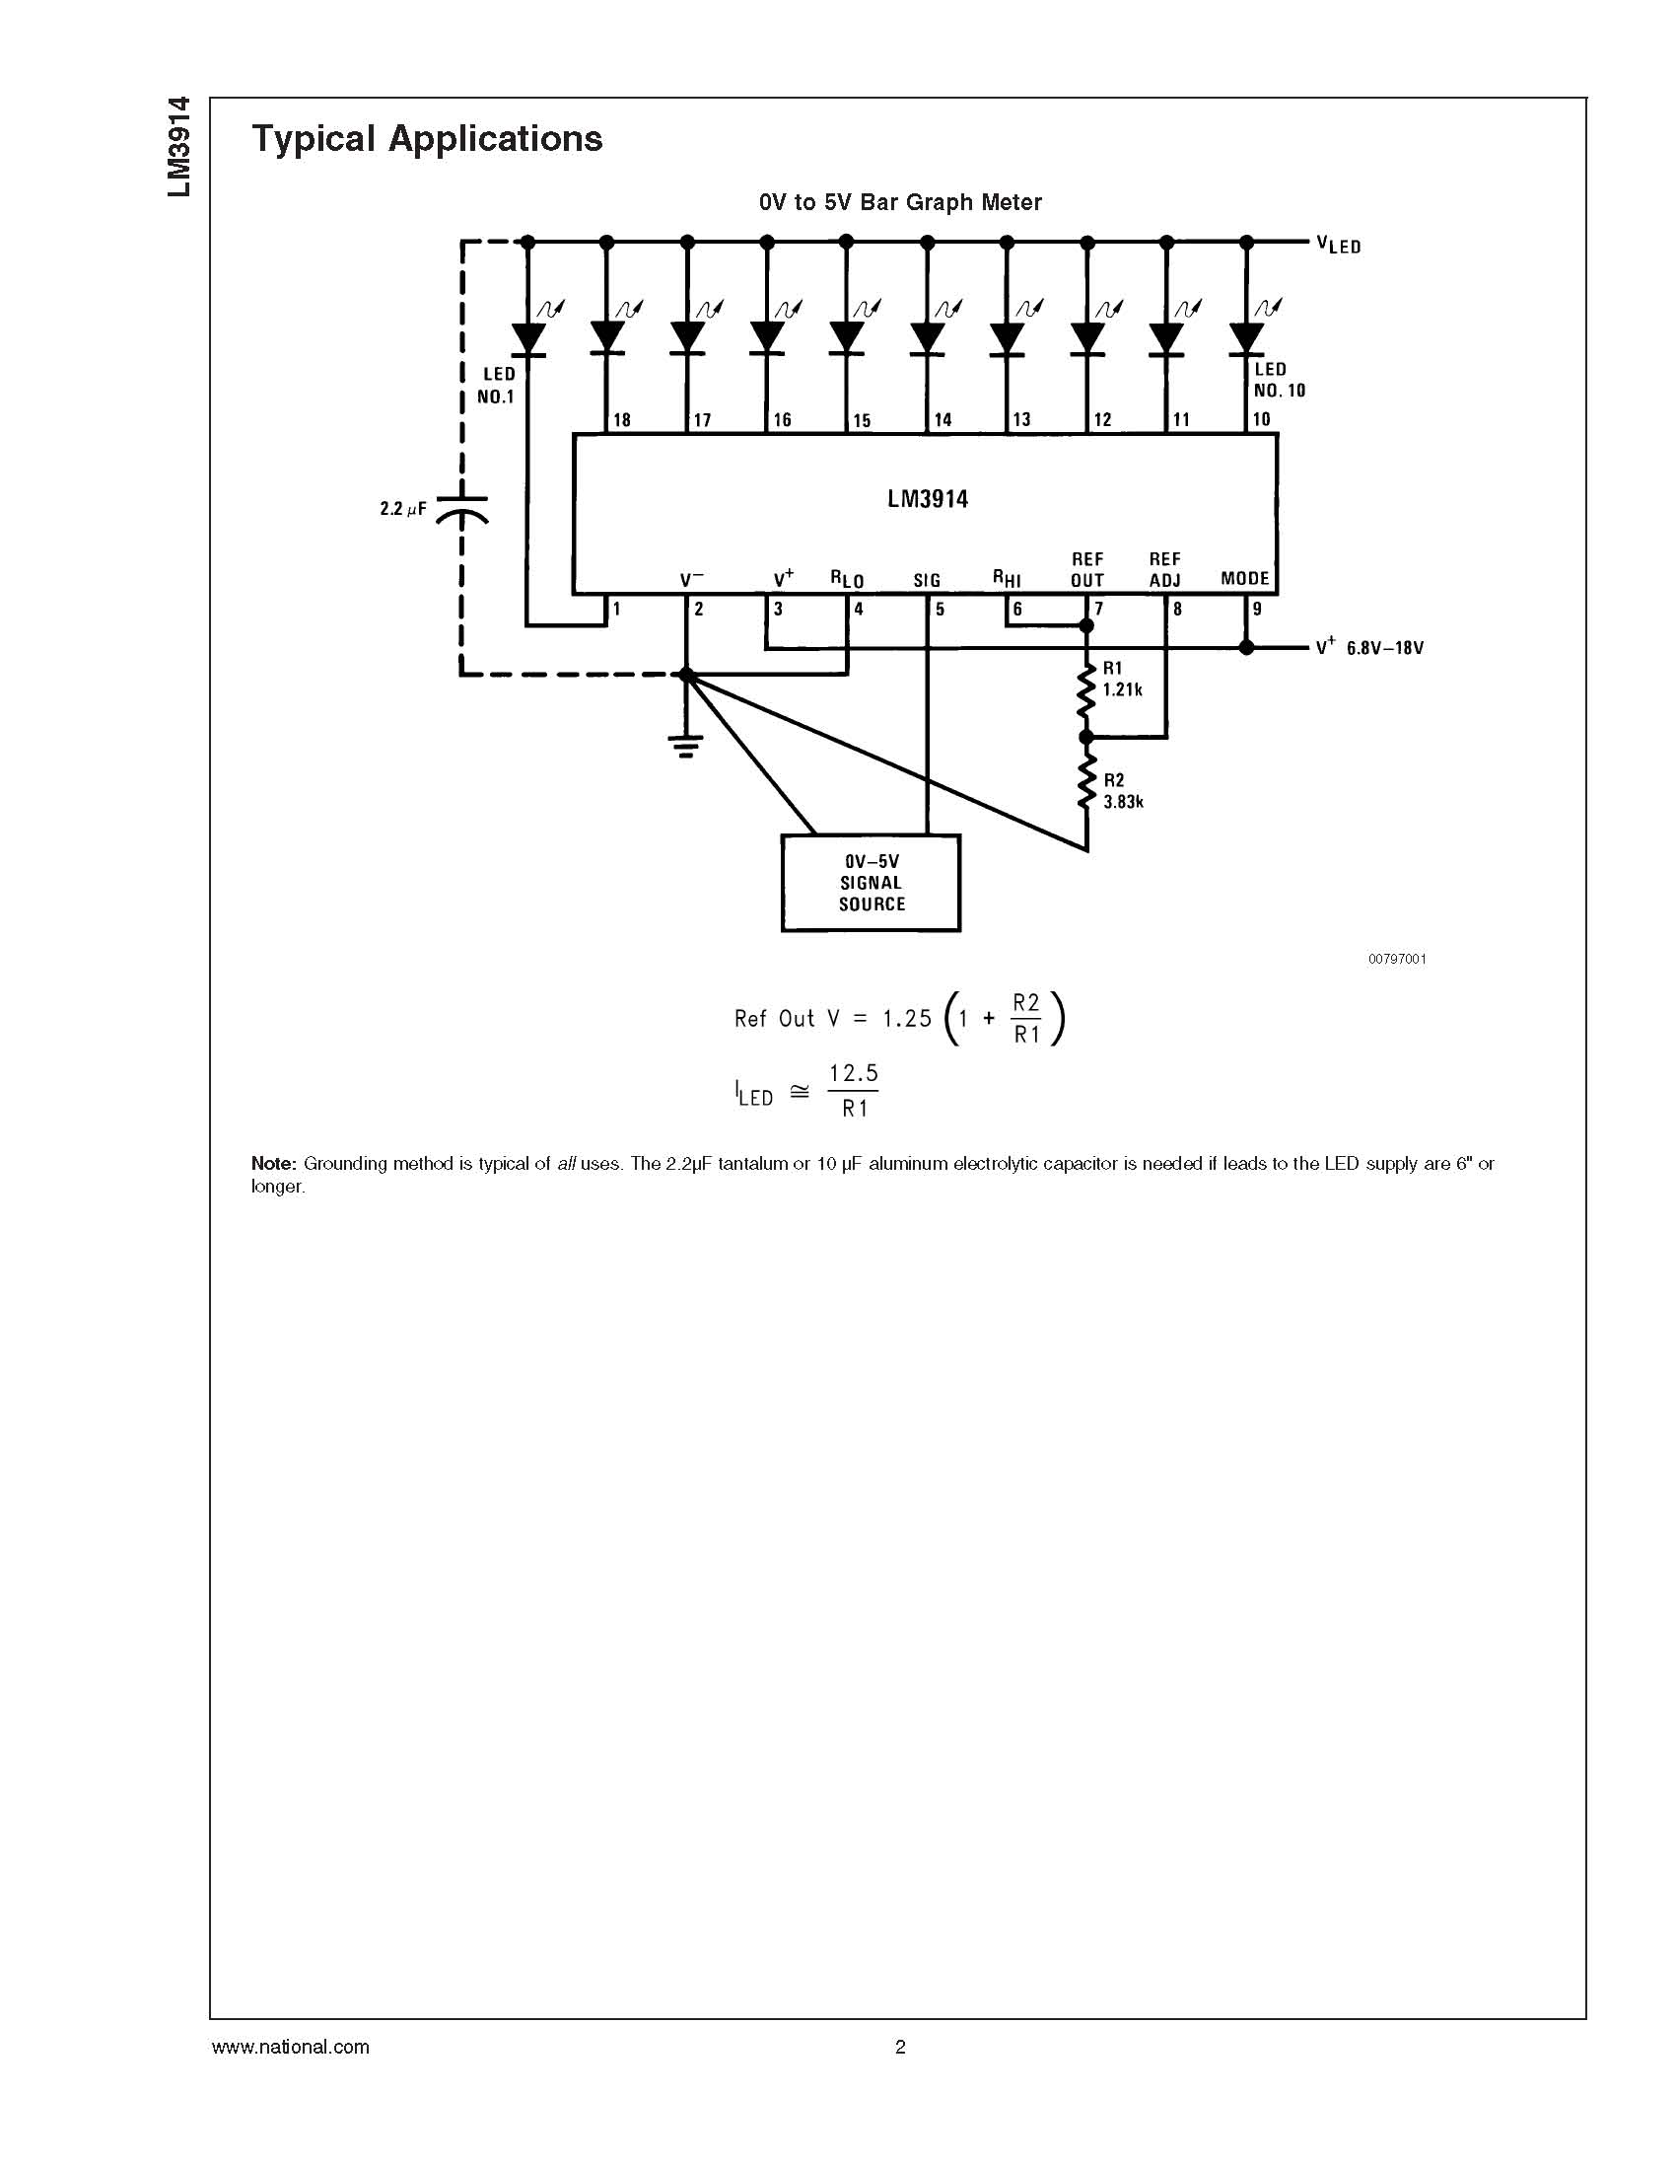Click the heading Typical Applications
coord(427,139)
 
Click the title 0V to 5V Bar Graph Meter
coord(900,202)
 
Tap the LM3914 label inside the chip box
coord(928,498)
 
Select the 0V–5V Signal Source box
coord(871,883)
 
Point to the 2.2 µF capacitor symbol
coord(461,510)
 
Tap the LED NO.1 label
coord(497,386)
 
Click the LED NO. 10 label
coord(1279,380)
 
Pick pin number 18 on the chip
coord(621,420)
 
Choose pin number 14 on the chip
coord(943,420)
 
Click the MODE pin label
coord(1245,578)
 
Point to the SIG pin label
coord(927,580)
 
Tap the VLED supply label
coord(1339,245)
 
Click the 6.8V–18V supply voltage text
coord(1385,647)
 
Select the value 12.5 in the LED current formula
coord(854,1073)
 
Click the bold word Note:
coord(274,1163)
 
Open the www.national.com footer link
coord(290,2047)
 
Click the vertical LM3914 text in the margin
coord(177,147)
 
